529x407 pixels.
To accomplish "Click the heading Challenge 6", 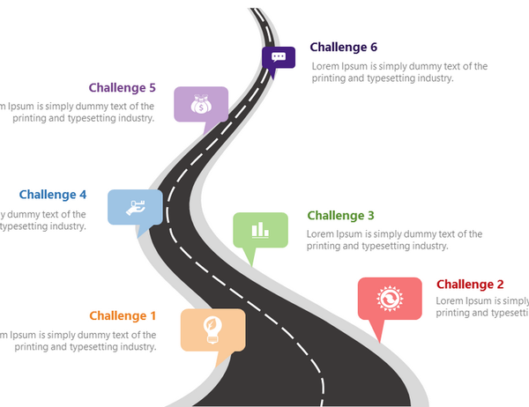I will click(x=343, y=48).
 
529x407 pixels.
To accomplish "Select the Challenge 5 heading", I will click(x=123, y=88).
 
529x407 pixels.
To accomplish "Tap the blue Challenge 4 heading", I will click(x=53, y=195).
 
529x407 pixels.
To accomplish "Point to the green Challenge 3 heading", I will click(x=340, y=216).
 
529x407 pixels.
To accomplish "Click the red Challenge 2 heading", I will click(x=470, y=285).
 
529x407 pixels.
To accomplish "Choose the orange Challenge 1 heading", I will click(x=123, y=316).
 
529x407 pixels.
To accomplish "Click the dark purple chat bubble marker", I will click(x=279, y=58).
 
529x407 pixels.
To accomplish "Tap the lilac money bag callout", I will click(x=201, y=104).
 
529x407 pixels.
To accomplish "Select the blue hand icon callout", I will click(x=135, y=207).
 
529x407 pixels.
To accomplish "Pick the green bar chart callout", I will click(x=260, y=230).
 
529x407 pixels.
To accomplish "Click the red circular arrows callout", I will click(x=389, y=299).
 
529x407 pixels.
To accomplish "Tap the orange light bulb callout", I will click(x=212, y=330).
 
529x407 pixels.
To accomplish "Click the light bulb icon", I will click(x=212, y=330).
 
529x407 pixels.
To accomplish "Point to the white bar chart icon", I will click(x=260, y=230).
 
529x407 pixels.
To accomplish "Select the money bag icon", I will click(x=201, y=104).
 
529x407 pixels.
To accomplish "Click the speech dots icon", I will click(x=279, y=57).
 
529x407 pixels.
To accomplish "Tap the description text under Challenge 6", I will click(x=399, y=72).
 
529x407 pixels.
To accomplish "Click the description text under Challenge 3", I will click(x=394, y=240).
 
